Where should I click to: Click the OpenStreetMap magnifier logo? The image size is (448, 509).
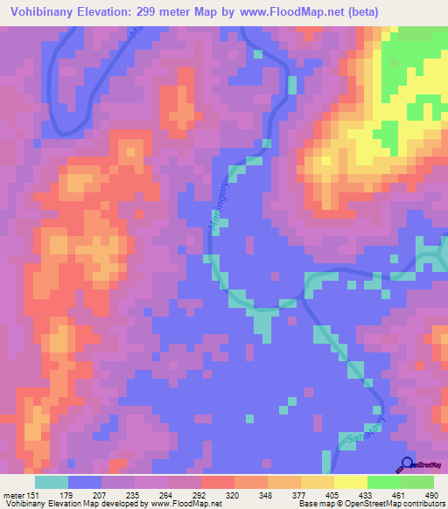coord(408,464)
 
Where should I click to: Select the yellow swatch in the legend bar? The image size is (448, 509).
coord(350,482)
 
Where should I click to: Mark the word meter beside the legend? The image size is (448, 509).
coord(12,495)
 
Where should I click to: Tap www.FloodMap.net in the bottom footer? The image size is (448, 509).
coord(185,505)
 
